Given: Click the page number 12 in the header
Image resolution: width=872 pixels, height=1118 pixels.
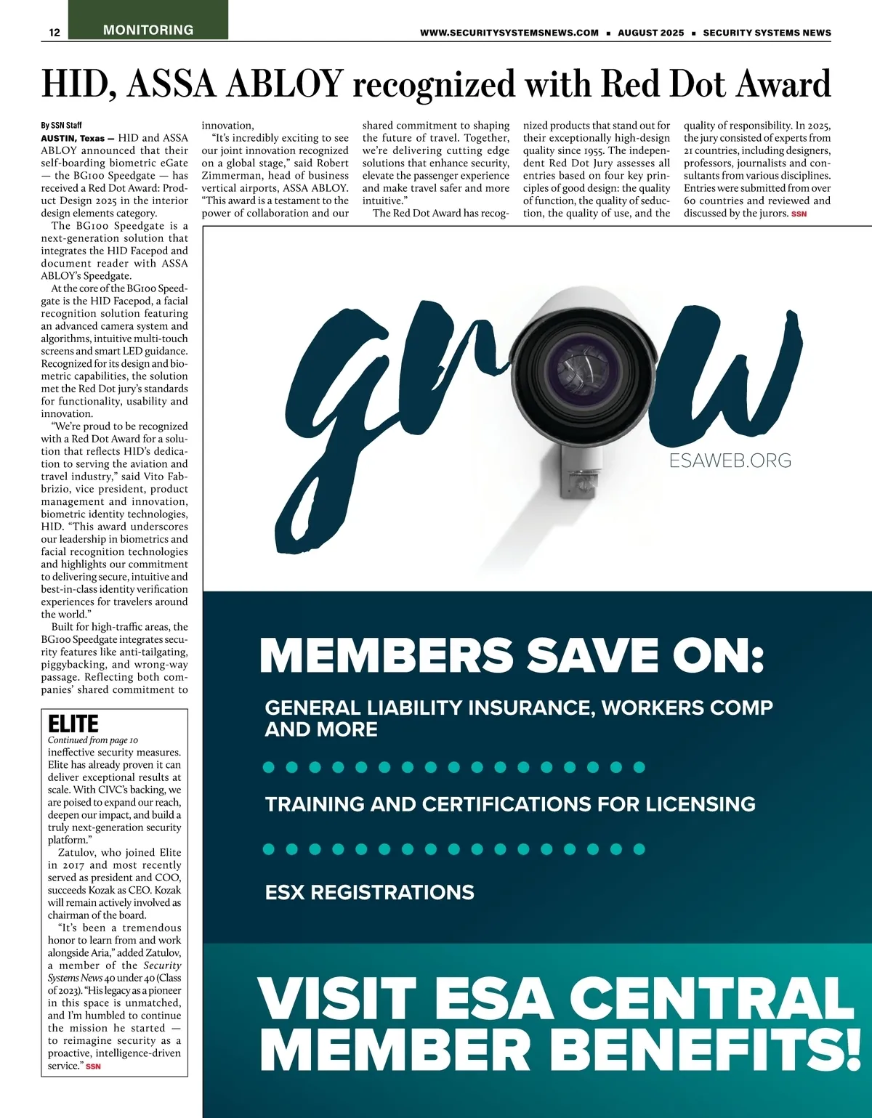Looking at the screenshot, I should tap(54, 32).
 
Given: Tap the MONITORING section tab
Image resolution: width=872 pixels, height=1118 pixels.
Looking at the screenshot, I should tap(148, 30).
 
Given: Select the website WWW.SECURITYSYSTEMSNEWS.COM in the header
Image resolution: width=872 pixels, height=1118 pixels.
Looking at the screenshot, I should tap(509, 33).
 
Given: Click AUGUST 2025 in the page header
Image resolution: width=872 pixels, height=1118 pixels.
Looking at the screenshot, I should tap(650, 33).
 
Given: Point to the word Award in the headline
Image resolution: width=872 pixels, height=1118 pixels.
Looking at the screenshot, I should tap(784, 84).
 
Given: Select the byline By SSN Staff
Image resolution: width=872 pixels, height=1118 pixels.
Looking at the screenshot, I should tap(61, 126).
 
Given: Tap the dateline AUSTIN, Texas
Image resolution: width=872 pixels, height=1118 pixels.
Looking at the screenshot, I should tap(73, 138).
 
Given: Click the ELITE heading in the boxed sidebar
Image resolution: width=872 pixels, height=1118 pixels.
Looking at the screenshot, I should tap(73, 724).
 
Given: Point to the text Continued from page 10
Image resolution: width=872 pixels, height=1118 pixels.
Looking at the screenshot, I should tap(92, 740).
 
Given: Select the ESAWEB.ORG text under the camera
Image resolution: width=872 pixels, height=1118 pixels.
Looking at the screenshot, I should tap(730, 461).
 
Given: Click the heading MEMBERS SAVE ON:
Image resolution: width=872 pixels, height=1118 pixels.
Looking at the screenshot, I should tap(512, 655).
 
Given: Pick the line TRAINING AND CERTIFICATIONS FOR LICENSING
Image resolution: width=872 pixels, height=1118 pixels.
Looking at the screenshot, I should tap(510, 804).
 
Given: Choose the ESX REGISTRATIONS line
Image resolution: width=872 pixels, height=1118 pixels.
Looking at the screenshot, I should tap(369, 892).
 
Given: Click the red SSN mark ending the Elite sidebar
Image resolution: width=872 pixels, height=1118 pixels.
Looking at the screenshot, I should tap(93, 1066).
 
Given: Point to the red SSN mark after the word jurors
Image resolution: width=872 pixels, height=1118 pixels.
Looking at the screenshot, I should tap(799, 214).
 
